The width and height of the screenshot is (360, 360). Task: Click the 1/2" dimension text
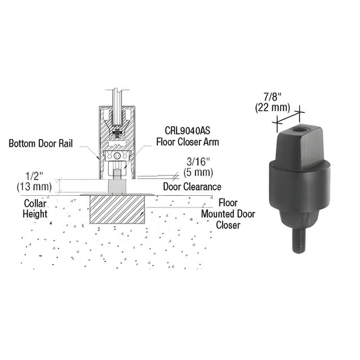42,172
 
